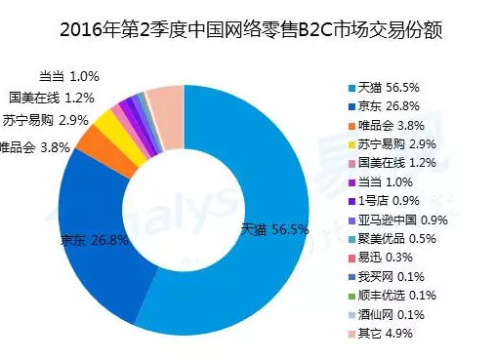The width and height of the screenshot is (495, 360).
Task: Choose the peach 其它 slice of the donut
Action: pos(167,101)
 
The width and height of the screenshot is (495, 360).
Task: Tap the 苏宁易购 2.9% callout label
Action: pos(48,122)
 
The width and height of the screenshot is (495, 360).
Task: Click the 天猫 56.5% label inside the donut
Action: pos(274,230)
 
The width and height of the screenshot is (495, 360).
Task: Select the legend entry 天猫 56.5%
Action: pos(391,86)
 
